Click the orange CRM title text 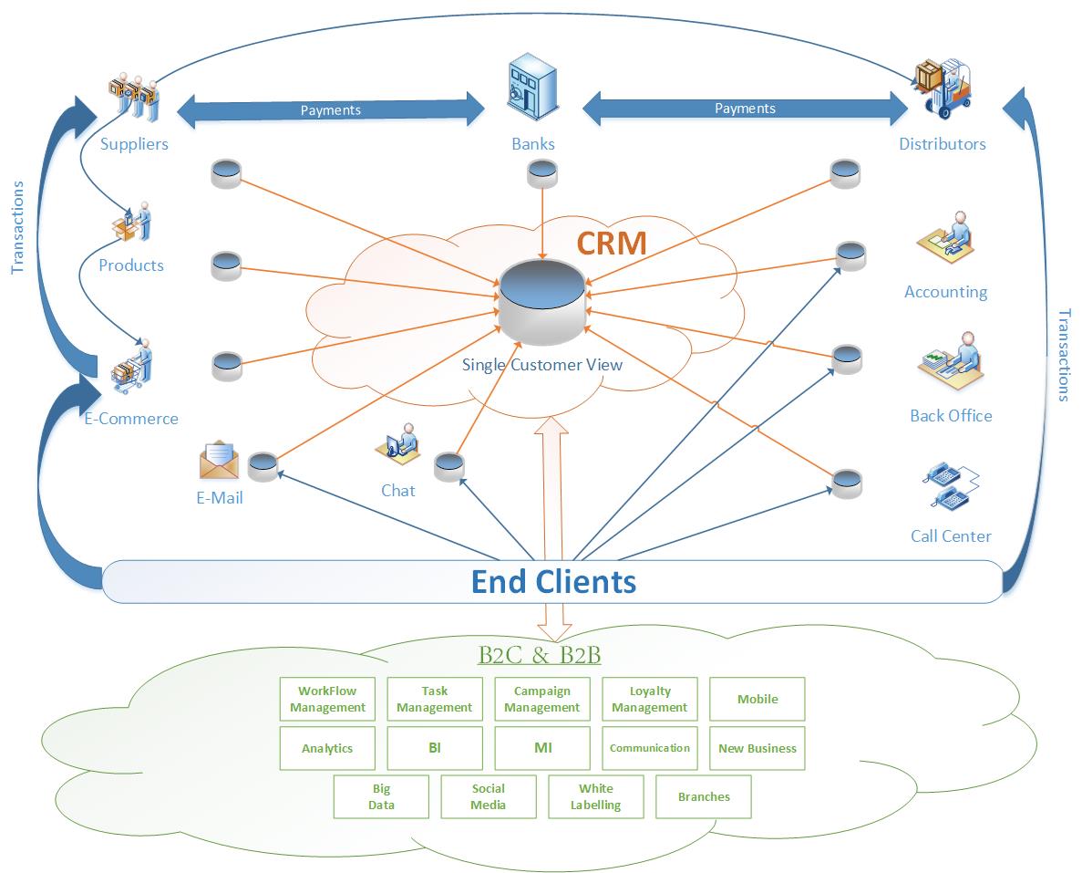(611, 244)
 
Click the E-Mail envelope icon (219, 460)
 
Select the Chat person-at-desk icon (397, 442)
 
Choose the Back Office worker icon (951, 362)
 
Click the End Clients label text (552, 581)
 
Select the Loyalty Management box (649, 700)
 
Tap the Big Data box (381, 796)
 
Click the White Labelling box (595, 796)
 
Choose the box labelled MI (542, 748)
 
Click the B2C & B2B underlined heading (539, 655)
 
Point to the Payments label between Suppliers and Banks (331, 110)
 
